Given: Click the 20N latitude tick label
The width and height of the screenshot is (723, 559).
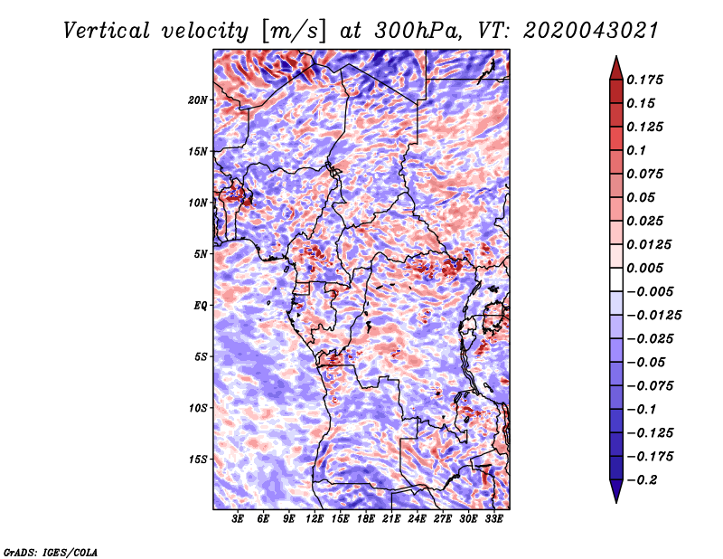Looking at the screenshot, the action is (198, 100).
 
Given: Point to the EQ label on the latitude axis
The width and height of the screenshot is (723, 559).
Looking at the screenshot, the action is (201, 306).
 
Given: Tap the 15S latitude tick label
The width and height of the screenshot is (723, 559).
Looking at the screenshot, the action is (198, 460).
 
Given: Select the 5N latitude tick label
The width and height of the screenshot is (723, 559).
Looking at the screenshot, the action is (201, 254).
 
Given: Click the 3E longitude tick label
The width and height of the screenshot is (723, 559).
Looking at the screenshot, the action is (238, 519).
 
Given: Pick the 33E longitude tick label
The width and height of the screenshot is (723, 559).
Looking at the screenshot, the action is (493, 519).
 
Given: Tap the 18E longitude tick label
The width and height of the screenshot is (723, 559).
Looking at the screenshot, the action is (366, 519).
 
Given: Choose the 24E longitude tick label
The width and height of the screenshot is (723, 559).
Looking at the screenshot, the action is (417, 519).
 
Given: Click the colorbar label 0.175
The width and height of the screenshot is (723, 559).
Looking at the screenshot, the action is (644, 80).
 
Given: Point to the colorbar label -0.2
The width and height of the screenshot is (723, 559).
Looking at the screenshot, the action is (642, 480).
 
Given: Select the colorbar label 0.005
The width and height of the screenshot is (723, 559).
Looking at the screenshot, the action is (644, 268).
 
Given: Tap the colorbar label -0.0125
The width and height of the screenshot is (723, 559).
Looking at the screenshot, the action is (653, 316).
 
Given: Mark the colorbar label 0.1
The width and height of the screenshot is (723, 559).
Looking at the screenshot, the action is (636, 150).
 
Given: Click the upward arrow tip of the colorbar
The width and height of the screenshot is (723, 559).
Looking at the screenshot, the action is (616, 56).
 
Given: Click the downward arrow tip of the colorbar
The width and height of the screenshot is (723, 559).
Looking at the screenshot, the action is (616, 503).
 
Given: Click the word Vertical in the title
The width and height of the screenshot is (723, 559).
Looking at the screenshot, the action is (107, 31).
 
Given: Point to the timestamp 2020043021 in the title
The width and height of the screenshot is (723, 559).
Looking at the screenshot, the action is (591, 31).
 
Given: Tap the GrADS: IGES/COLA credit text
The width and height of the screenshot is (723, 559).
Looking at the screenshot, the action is (51, 552).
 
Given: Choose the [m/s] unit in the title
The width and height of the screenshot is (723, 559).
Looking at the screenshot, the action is (294, 32).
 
